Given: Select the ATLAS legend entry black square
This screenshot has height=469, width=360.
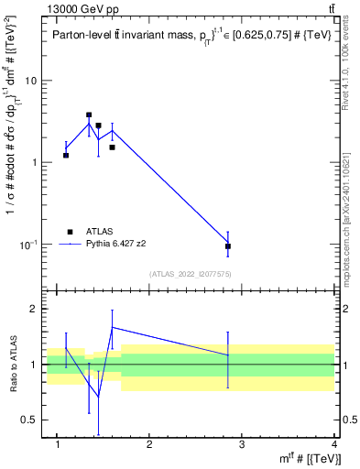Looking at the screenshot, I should click(70, 232).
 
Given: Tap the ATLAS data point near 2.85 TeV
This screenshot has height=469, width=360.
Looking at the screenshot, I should click(228, 245).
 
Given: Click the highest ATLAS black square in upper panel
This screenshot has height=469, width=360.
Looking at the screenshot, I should click(89, 115).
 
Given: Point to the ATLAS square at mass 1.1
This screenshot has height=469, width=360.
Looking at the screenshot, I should click(66, 155).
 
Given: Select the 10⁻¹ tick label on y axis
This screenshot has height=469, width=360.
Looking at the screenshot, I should click(27, 244).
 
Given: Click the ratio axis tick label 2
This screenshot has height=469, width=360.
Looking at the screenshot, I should click(34, 310).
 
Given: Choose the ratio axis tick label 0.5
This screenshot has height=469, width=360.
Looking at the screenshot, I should click(29, 420).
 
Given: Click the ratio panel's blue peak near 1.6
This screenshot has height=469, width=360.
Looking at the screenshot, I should click(112, 327).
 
